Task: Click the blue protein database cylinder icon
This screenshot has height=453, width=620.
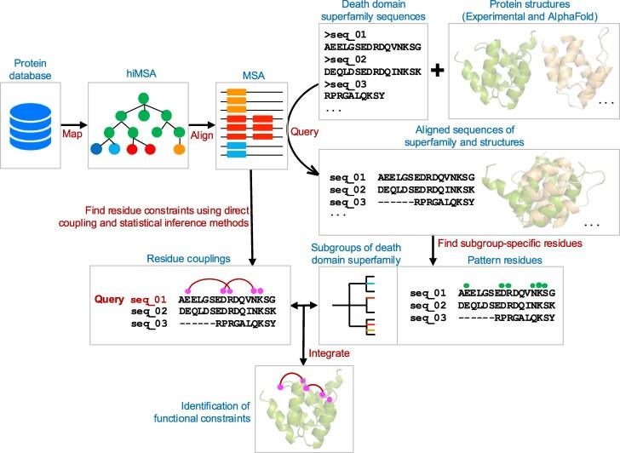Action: pos(30,127)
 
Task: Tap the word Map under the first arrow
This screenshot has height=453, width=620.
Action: pos(72,134)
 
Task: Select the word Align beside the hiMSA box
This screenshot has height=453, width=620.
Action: pos(202,135)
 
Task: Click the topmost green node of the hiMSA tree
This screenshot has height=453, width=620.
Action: pos(144,99)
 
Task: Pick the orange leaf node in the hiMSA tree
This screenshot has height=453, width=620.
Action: pos(179,149)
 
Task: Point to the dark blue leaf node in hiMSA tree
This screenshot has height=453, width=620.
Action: pos(96,149)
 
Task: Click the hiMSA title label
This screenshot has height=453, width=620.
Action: pos(141,73)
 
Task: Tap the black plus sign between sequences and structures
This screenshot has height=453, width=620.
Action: pos(438,71)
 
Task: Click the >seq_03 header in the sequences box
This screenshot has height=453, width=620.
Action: pos(345,83)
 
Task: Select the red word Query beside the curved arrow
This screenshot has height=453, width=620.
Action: pos(305,132)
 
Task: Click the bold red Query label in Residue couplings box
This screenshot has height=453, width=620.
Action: pos(109,299)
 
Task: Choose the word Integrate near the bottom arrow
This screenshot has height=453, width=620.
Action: pos(329,353)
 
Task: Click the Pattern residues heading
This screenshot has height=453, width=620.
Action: pos(504,260)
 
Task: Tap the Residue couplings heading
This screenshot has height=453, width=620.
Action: pos(188,259)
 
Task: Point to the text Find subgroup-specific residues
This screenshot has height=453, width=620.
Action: pos(510,243)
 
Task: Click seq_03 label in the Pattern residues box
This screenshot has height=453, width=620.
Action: pos(428,318)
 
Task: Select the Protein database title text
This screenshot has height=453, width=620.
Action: pos(30,69)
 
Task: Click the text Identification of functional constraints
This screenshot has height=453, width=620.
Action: pos(202,412)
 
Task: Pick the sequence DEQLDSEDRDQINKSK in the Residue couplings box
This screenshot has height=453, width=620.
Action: pos(227,312)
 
